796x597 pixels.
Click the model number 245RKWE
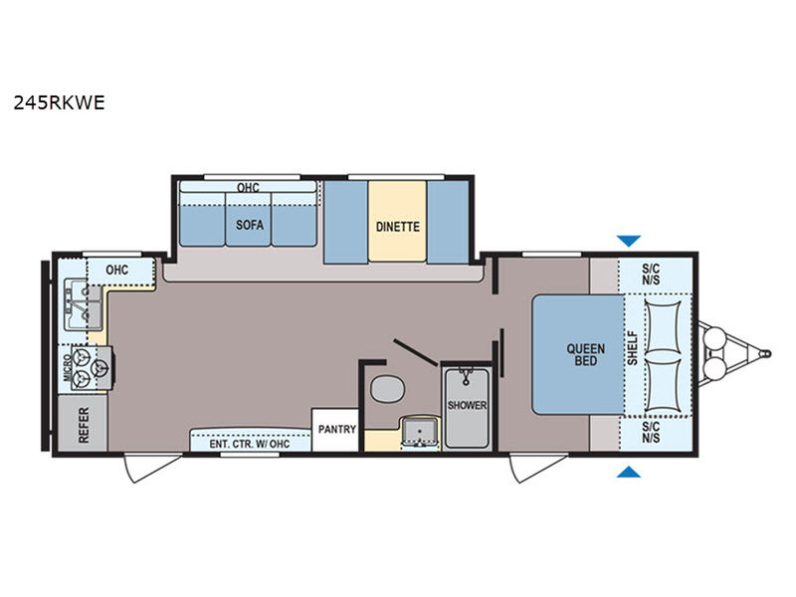click(59, 103)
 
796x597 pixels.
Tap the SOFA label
click(250, 225)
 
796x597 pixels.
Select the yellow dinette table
click(397, 221)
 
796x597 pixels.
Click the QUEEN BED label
click(585, 354)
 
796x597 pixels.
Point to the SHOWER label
click(467, 405)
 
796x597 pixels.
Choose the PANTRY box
click(335, 430)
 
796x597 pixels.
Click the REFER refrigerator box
click(83, 424)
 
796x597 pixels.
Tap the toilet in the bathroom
click(387, 389)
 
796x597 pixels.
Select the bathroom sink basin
click(420, 431)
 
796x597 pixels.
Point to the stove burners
click(91, 368)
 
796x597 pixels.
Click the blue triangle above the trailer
click(629, 241)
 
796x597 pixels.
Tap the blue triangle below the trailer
click(629, 472)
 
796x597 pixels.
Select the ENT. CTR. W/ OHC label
click(250, 444)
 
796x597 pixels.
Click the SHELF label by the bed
click(632, 348)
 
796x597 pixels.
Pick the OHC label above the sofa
click(248, 187)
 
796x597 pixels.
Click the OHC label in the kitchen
click(116, 270)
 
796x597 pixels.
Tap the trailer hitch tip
click(768, 353)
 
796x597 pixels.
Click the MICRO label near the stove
click(67, 368)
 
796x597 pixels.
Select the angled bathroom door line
click(415, 352)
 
